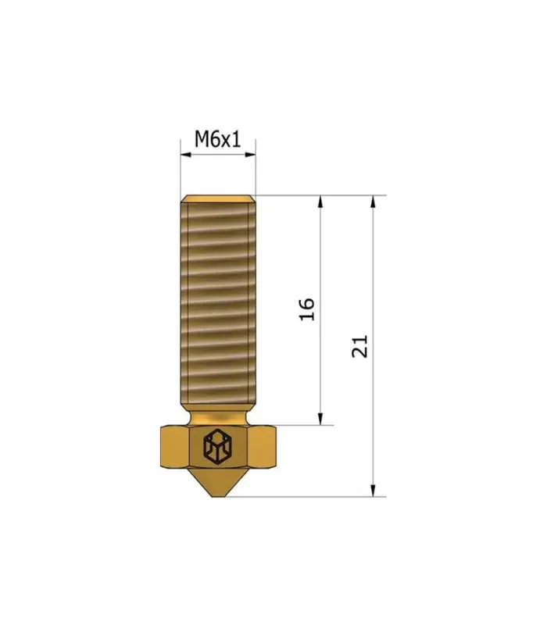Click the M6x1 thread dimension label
pos(218,139)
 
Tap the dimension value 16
pos(307,309)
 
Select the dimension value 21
pos(359,346)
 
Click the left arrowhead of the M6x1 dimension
pos(186,155)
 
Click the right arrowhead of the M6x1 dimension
pos(250,155)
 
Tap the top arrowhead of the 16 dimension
pos(320,202)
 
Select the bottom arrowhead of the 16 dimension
pos(320,419)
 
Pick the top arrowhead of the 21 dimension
pos(373,202)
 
